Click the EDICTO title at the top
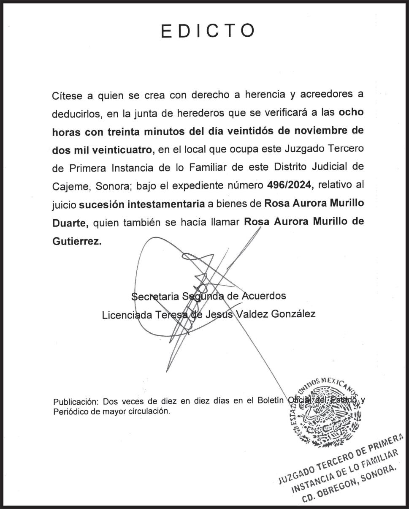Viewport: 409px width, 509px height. click(x=208, y=32)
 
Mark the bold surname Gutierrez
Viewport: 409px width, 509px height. click(x=76, y=242)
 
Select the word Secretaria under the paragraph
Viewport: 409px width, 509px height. click(x=155, y=296)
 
